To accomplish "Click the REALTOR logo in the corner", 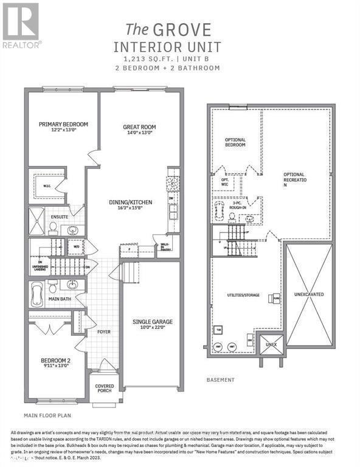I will tap(22, 25).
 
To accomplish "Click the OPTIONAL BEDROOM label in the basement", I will tap(235, 142).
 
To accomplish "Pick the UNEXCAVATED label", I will tap(310, 294).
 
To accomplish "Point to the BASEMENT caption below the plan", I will tap(220, 380).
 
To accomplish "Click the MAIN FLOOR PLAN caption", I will tap(47, 417).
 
